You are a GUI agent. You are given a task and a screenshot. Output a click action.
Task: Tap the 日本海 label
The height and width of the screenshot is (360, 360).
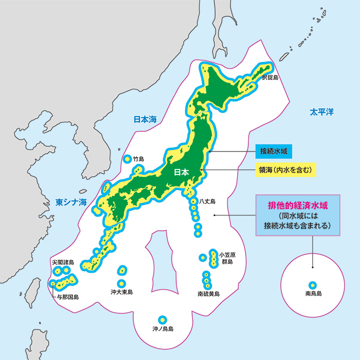pos(144,119)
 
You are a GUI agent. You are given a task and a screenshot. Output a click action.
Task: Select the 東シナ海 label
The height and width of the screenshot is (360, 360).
pos(71,202)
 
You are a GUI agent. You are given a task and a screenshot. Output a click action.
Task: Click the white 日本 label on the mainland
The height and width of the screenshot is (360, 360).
pos(181,172)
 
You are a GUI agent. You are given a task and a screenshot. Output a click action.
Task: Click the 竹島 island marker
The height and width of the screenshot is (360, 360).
pos(126,159)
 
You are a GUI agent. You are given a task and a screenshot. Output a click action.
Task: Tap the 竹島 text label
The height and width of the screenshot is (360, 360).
pos(138,159)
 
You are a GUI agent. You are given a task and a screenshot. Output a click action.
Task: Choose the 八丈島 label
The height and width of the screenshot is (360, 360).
pos(207,201)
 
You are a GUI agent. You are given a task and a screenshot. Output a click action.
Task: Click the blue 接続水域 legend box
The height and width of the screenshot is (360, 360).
pos(273,150)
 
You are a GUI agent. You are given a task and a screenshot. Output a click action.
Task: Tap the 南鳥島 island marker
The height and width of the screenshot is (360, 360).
pos(312,283)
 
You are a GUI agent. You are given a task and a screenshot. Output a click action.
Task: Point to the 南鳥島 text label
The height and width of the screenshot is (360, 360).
pos(312,293)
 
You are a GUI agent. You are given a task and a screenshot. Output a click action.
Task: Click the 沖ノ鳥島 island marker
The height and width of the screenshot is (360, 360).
pos(161,319)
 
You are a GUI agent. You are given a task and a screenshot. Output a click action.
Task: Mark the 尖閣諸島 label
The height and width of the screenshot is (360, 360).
pos(62,262)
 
